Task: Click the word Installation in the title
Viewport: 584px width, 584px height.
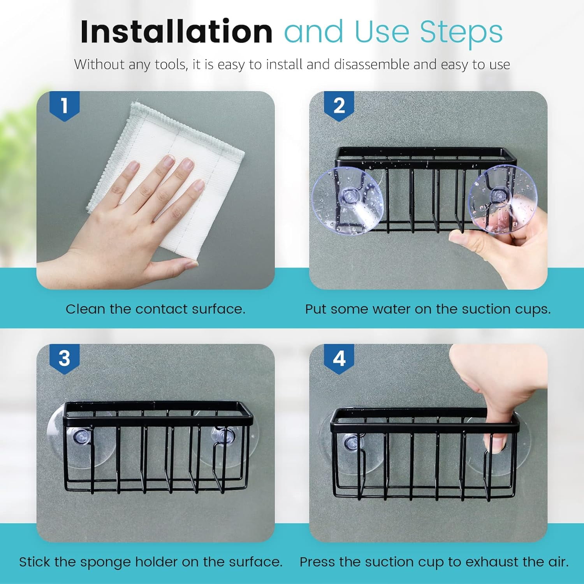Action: tap(176, 32)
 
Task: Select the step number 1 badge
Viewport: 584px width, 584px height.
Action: tap(65, 106)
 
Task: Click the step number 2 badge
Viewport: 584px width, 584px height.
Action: tap(339, 106)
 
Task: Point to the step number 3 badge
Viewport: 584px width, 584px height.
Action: tap(65, 359)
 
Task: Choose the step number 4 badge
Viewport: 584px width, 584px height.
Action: tap(339, 359)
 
